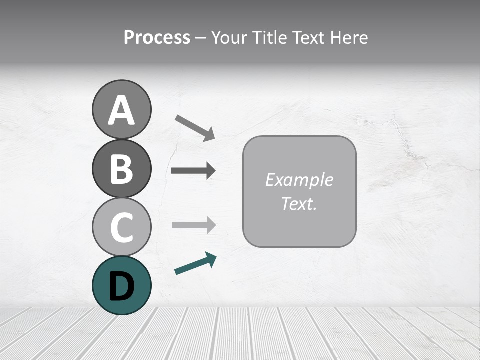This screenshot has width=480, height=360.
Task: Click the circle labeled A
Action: pyautogui.click(x=121, y=109)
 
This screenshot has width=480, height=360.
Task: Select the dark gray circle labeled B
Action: pyautogui.click(x=121, y=168)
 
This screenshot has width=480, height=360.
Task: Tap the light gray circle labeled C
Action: pyautogui.click(x=121, y=227)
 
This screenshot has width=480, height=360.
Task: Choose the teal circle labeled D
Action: pyautogui.click(x=121, y=285)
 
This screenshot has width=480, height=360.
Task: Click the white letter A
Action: pyautogui.click(x=121, y=110)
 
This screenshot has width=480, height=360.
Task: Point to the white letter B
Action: pyautogui.click(x=121, y=169)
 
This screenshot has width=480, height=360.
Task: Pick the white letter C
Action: pyautogui.click(x=121, y=228)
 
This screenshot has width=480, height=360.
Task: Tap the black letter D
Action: pyautogui.click(x=121, y=286)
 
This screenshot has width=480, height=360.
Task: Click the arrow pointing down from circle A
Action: pyautogui.click(x=195, y=127)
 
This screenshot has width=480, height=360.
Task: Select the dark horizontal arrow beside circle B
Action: pyautogui.click(x=193, y=171)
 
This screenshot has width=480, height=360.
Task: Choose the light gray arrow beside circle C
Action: pyautogui.click(x=193, y=225)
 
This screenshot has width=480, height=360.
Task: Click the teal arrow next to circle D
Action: pyautogui.click(x=195, y=263)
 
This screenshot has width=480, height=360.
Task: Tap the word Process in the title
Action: pyautogui.click(x=157, y=38)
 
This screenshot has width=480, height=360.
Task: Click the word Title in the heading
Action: pyautogui.click(x=270, y=38)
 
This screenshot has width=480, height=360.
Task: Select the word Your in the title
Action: pyautogui.click(x=230, y=38)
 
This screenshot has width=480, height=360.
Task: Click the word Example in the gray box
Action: pyautogui.click(x=299, y=180)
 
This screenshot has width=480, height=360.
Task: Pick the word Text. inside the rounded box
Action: pyautogui.click(x=299, y=203)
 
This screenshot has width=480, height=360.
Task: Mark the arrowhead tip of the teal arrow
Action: pyautogui.click(x=216, y=256)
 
